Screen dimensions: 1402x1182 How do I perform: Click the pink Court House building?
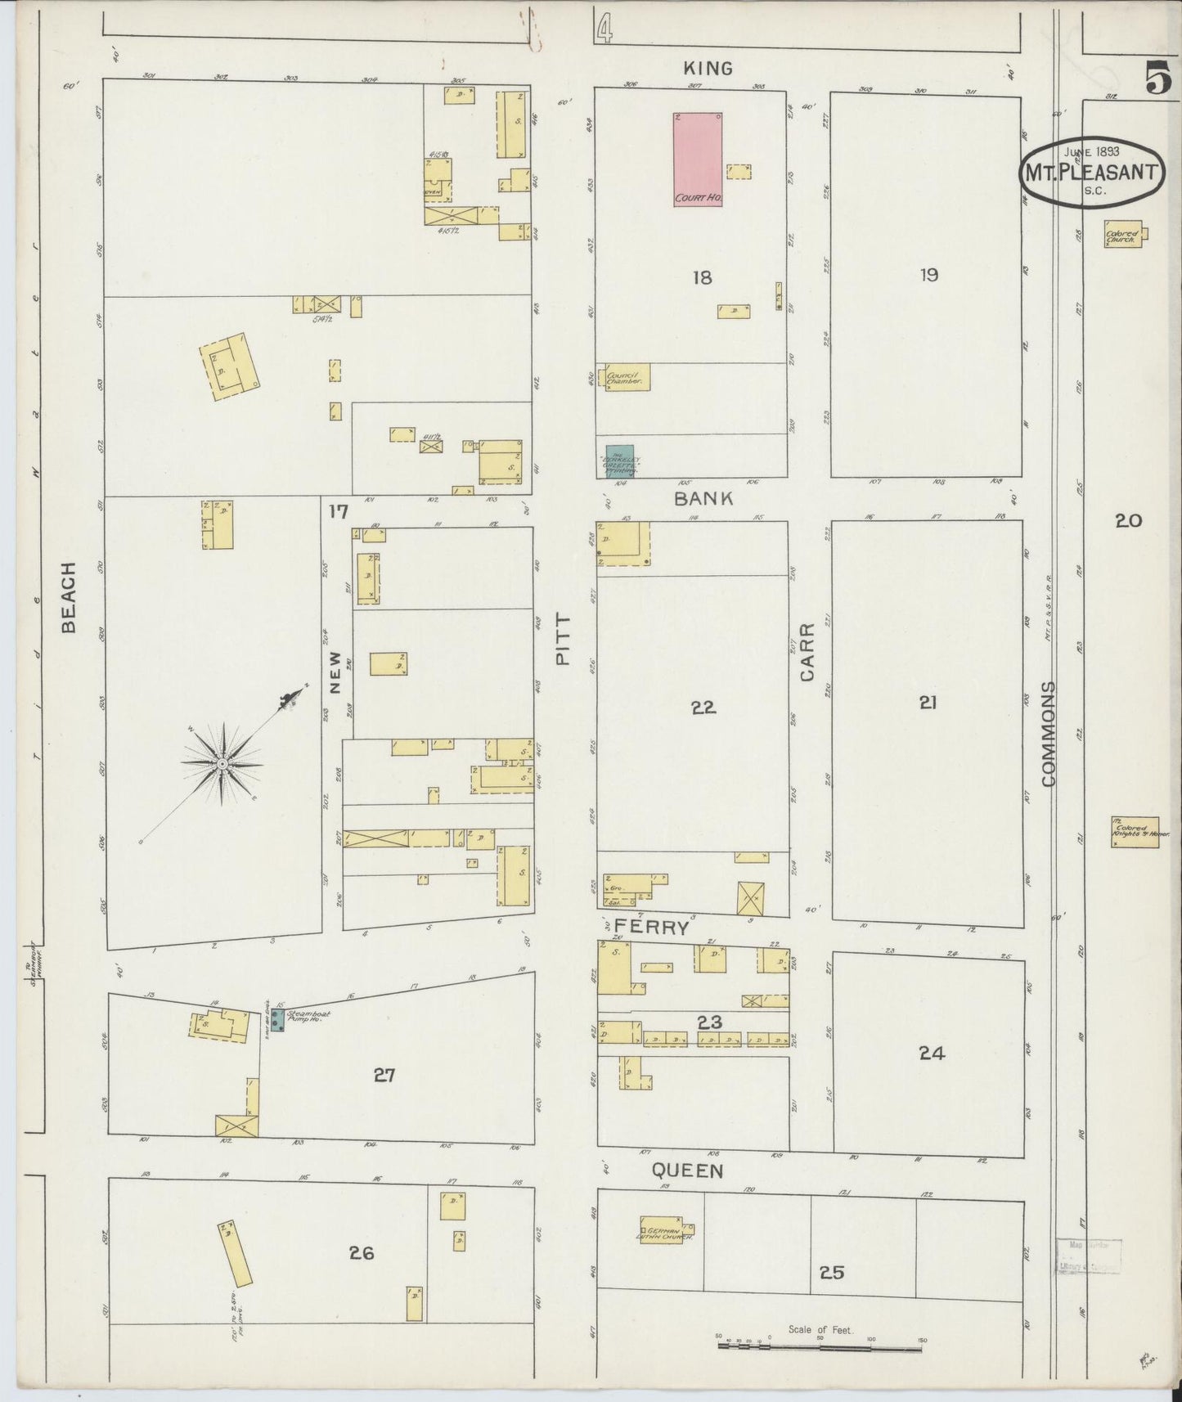698,160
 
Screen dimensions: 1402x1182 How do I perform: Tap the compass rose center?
221,763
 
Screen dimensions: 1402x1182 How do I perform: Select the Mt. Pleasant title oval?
1091,172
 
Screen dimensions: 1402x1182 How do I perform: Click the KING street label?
708,69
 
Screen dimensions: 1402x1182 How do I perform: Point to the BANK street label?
703,498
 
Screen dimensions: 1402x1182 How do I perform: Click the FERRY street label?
651,928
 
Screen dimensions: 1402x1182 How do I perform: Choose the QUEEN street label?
687,1171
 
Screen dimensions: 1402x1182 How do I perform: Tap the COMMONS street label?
1049,734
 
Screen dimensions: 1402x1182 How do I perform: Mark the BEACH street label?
69,597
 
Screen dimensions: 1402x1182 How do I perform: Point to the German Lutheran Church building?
667,1230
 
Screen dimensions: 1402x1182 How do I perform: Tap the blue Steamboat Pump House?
278,1020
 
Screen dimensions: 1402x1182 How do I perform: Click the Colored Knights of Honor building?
1135,831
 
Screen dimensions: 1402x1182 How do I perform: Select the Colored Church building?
1123,235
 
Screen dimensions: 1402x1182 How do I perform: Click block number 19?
928,275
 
